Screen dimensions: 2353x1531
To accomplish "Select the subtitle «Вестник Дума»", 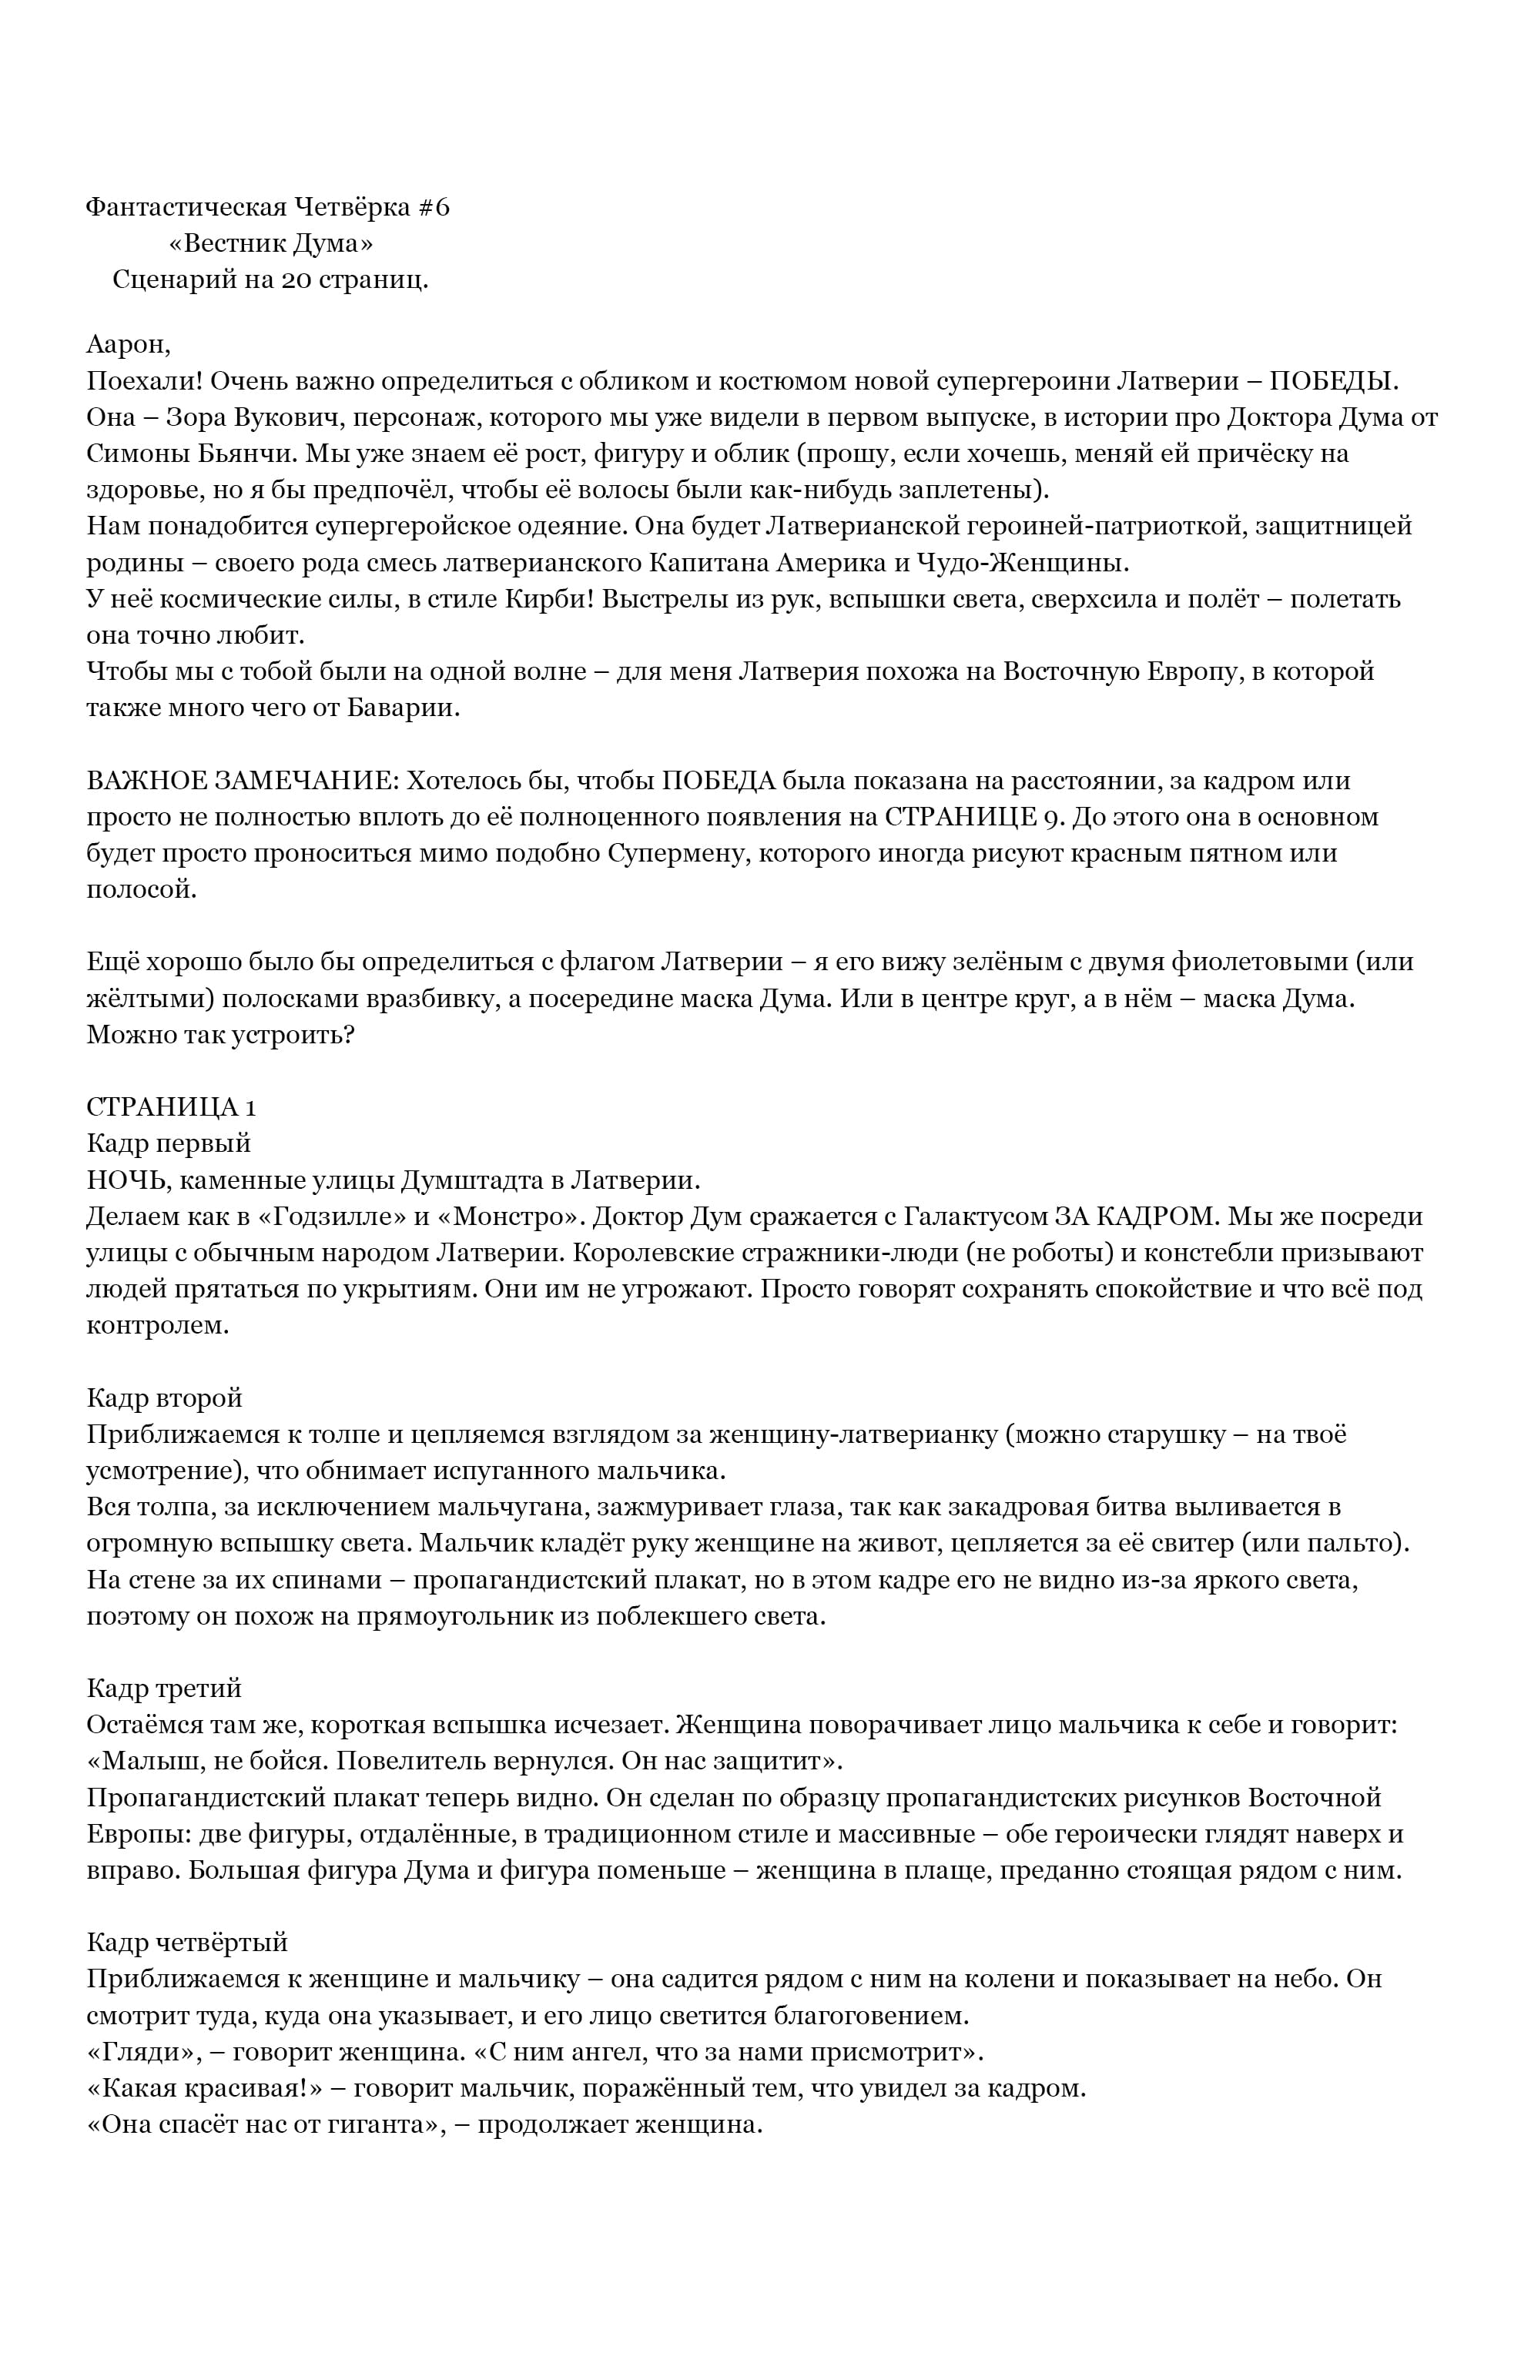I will tap(270, 243).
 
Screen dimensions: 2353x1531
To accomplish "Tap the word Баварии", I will tap(407, 708).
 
